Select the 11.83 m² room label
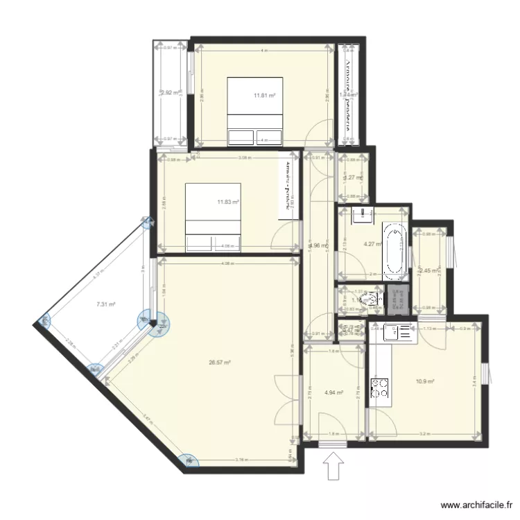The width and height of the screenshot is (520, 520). click(227, 202)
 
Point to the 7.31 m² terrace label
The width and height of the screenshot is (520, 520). click(105, 304)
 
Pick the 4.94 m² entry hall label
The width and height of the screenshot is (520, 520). click(334, 392)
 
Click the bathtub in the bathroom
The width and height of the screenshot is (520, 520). click(392, 248)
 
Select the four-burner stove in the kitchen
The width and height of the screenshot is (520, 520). click(380, 388)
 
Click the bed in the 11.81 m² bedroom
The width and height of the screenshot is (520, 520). click(254, 112)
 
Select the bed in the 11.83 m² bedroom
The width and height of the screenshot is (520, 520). click(213, 216)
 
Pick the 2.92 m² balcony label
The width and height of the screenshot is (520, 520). click(170, 92)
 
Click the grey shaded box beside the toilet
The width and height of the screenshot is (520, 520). click(398, 300)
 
